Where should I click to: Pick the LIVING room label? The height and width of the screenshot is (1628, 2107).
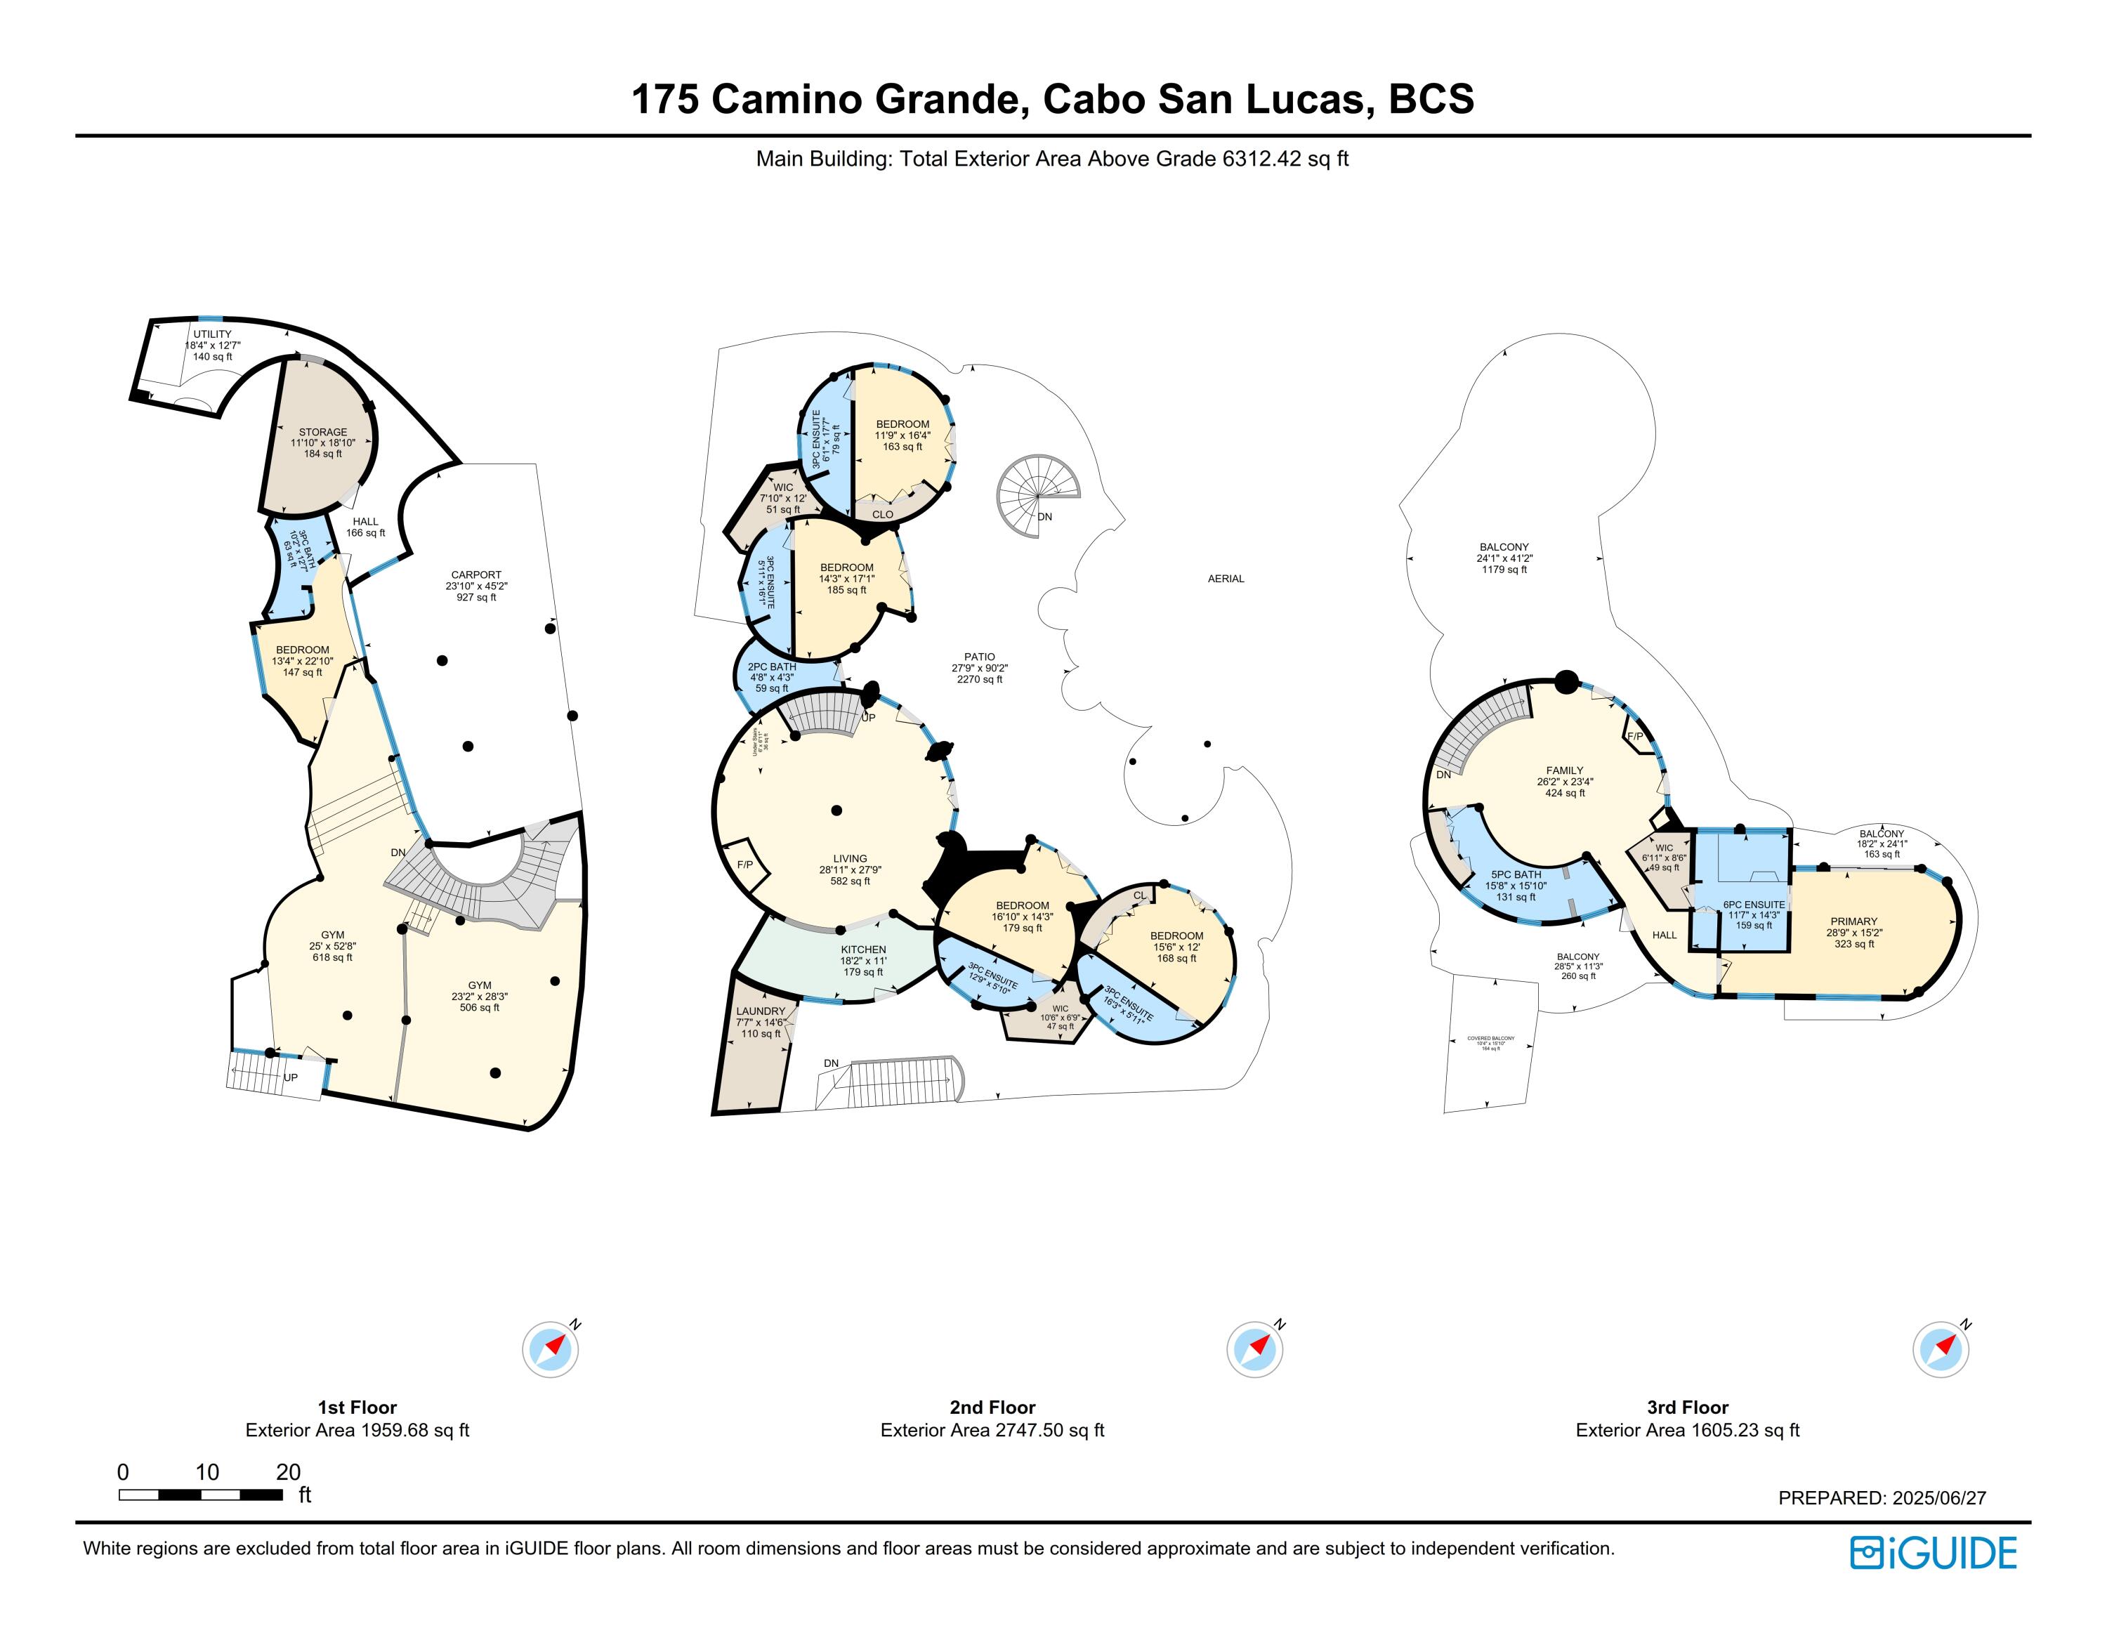[850, 858]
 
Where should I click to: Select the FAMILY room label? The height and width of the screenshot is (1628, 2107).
[1565, 770]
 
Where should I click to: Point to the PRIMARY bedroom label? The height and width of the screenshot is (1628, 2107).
[1853, 921]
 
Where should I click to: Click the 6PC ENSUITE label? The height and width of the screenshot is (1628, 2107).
[1754, 905]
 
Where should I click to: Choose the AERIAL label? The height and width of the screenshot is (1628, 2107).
[1226, 579]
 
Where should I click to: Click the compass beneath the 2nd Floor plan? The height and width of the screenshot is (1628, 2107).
[1254, 1348]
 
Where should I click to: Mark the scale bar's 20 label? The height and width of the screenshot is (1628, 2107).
[289, 1473]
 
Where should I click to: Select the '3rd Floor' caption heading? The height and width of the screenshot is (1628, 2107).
[1687, 1407]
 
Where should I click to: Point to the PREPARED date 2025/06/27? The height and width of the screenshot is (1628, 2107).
[1882, 1498]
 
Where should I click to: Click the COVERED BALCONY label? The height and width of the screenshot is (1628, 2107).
[1490, 1039]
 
